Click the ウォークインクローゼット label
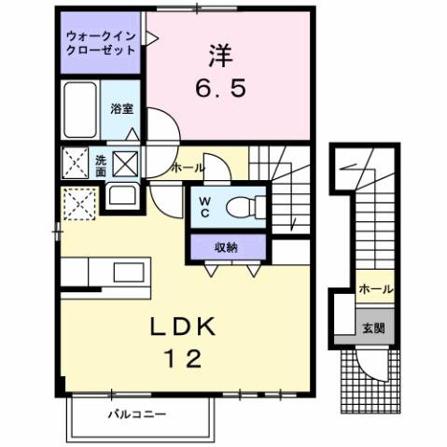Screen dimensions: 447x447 pos(100,43)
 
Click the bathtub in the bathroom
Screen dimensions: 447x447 pos(82,110)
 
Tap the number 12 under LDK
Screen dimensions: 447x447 pos(184,359)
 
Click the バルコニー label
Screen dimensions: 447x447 pos(136,412)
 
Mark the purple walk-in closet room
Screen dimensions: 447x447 pos(100,44)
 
